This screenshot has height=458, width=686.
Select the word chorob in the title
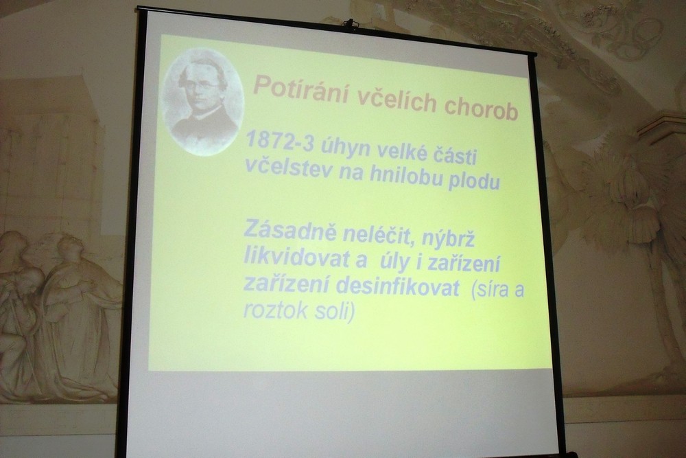(x=481, y=108)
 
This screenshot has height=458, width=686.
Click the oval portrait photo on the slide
(x=202, y=102)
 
